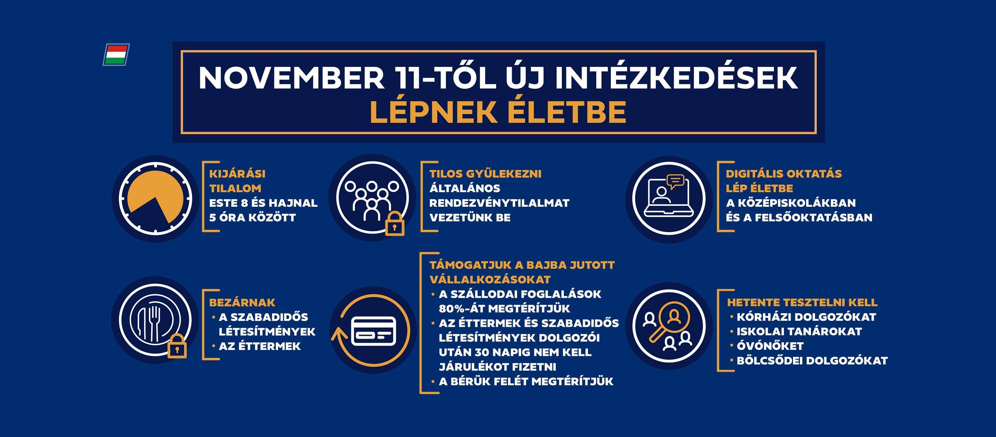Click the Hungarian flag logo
click(x=116, y=54)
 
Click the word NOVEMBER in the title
click(x=291, y=79)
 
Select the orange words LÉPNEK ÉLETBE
click(x=498, y=112)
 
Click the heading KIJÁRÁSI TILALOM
click(x=238, y=181)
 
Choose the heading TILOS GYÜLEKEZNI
click(x=485, y=174)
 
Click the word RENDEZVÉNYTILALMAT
click(x=499, y=203)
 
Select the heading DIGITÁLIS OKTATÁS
click(x=783, y=174)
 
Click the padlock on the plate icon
click(x=177, y=346)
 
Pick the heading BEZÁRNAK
click(x=242, y=302)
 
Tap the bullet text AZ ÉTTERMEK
click(x=259, y=346)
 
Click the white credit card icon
click(x=374, y=331)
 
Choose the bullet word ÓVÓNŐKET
click(x=770, y=346)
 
